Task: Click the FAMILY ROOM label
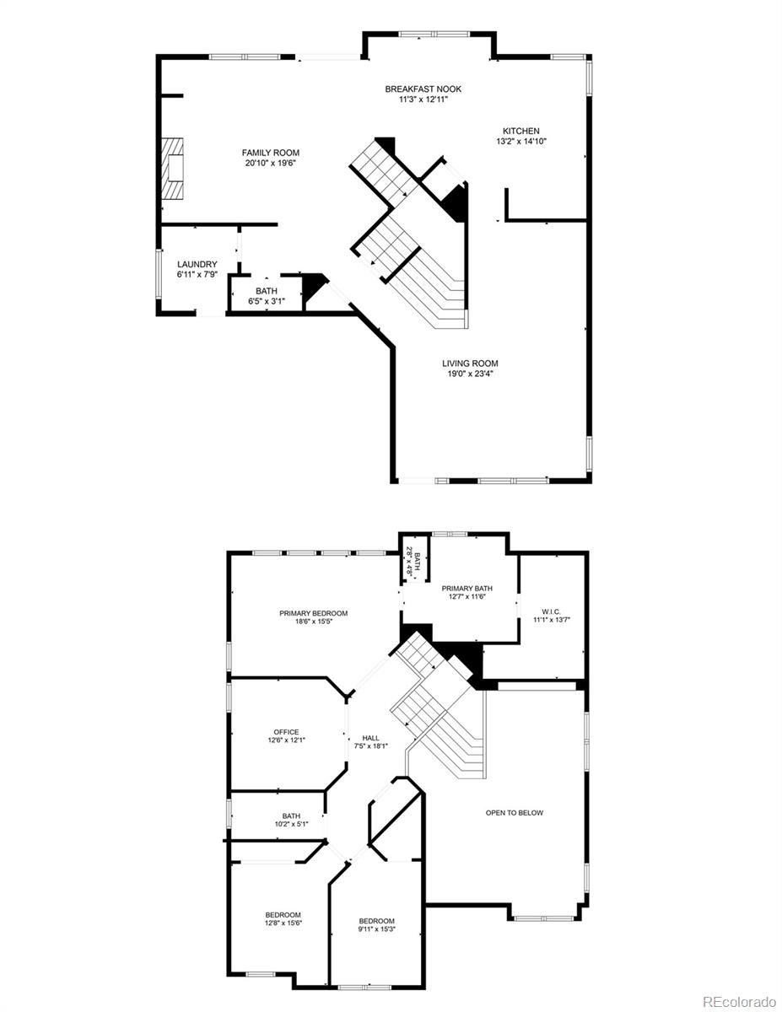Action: (271, 153)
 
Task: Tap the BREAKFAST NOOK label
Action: (423, 89)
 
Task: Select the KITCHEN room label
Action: (521, 131)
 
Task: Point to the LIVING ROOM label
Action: (470, 363)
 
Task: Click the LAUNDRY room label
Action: (197, 264)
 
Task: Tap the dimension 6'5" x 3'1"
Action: (267, 301)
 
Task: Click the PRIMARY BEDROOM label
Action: (314, 613)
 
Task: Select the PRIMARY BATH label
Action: (467, 589)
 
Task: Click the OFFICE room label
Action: (286, 732)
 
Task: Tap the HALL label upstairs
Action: (370, 736)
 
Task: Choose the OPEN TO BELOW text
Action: (515, 813)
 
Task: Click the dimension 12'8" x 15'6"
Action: (283, 923)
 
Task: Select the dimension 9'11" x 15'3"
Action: (376, 929)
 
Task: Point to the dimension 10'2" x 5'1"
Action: (291, 825)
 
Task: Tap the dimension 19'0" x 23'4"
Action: (470, 374)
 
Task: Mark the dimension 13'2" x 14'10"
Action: (521, 142)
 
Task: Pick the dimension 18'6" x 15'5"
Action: (314, 622)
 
